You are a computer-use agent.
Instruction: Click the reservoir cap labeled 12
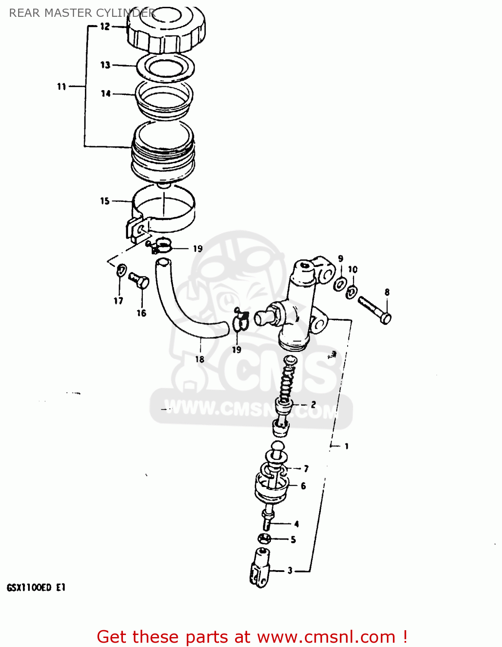pos(166,30)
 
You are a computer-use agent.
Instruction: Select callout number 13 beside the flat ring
pos(105,65)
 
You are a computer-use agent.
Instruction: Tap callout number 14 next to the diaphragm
pos(106,94)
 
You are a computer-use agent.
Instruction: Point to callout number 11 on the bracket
pos(62,87)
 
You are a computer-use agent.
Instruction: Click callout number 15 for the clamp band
pos(105,201)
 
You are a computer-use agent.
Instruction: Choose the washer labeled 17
pos(122,271)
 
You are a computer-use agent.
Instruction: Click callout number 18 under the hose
pos(200,359)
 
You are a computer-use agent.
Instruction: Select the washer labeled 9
pos(340,284)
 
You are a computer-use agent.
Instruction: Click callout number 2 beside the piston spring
pos(313,405)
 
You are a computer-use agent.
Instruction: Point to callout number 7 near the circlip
pos(306,469)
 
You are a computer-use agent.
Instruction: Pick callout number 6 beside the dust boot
pos(303,486)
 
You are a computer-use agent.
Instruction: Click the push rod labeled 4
pos(267,519)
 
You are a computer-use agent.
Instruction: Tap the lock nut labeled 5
pos(264,538)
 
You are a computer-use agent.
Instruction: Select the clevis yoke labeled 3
pos(260,567)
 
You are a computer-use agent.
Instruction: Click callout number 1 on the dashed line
pos(346,446)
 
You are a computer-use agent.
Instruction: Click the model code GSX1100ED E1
pos(36,587)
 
